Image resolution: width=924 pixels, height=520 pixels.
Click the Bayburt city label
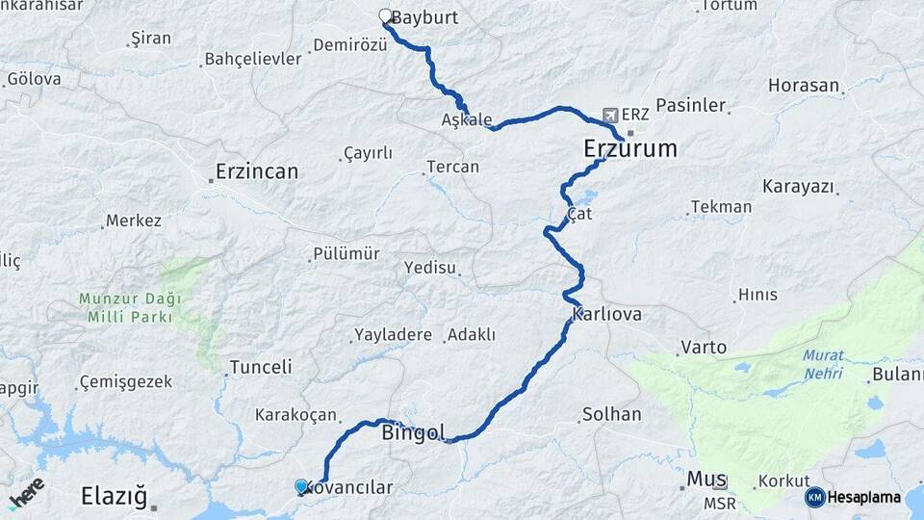(425, 18)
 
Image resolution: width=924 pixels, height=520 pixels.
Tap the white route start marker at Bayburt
(385, 16)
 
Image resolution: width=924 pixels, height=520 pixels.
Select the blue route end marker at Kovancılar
(302, 487)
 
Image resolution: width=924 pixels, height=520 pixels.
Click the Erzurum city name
(629, 149)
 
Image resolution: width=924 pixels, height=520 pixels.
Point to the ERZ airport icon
(609, 115)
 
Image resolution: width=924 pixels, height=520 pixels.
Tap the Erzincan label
(257, 171)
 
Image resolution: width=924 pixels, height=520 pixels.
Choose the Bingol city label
(415, 432)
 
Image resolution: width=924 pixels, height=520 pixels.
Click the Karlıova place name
(606, 315)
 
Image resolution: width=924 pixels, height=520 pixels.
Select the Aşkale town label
(466, 120)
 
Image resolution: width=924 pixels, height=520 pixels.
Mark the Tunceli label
(260, 367)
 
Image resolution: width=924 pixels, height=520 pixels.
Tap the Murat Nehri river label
(822, 364)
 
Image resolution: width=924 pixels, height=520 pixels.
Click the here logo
(26, 493)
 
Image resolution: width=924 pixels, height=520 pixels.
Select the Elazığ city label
(114, 497)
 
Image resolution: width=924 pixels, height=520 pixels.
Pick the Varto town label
(704, 347)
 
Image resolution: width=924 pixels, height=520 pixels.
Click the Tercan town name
(453, 167)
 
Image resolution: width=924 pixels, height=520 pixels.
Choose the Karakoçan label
(295, 415)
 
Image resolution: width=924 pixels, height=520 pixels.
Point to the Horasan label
(804, 85)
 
